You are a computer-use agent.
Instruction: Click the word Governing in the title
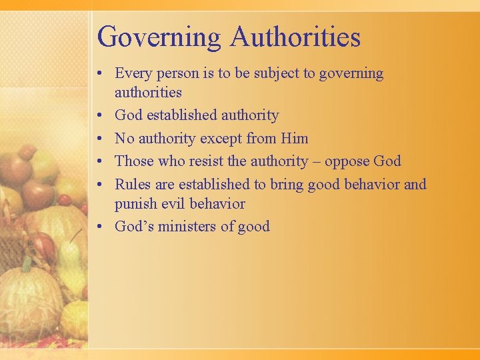point(159,37)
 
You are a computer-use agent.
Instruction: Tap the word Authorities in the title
point(295,37)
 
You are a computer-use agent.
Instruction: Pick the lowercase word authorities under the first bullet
point(148,92)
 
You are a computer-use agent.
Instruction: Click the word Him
point(294,139)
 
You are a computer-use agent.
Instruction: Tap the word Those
point(135,161)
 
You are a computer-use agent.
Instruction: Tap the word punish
point(136,204)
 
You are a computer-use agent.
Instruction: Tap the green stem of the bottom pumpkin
point(26,265)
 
